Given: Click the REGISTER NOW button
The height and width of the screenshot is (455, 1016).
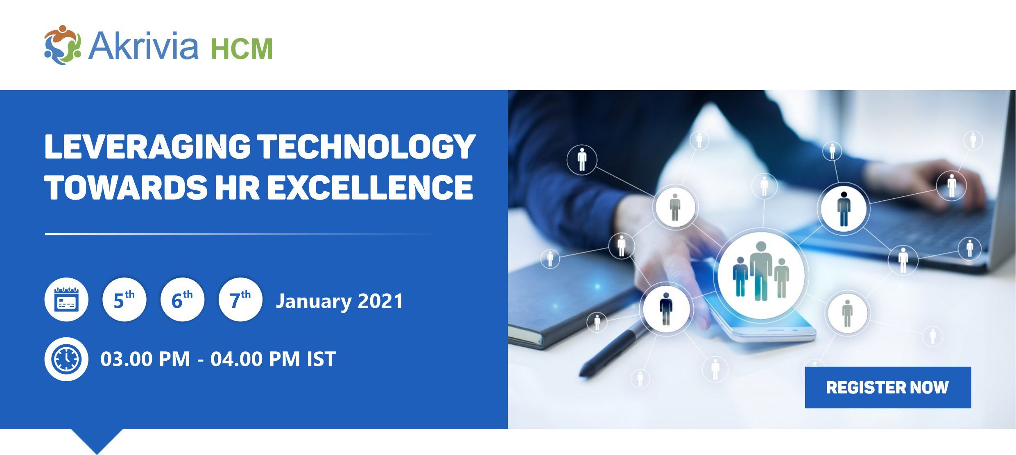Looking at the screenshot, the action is click(x=888, y=387).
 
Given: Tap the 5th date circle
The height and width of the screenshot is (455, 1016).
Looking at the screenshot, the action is click(x=124, y=300).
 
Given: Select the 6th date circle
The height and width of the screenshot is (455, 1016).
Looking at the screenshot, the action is click(x=182, y=300).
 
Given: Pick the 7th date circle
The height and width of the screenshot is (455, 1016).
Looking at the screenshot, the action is click(x=240, y=300).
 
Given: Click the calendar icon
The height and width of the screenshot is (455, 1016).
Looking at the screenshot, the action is click(x=66, y=300).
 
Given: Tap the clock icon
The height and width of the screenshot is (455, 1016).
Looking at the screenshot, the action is click(x=66, y=359).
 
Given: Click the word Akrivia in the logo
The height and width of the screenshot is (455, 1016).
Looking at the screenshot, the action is click(x=143, y=45).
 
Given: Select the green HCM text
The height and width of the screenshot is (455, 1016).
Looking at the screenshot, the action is click(x=242, y=49).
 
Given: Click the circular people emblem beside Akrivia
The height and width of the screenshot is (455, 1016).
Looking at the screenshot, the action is click(x=63, y=45).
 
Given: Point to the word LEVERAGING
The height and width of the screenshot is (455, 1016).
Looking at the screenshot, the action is click(x=147, y=147).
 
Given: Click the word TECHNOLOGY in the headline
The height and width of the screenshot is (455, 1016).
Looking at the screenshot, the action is click(x=367, y=147).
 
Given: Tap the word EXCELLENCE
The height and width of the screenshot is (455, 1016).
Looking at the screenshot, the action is click(x=370, y=187).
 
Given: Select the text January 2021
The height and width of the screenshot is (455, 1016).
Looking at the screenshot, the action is click(x=339, y=301).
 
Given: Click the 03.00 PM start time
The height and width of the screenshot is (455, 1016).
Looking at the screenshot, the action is click(x=145, y=359).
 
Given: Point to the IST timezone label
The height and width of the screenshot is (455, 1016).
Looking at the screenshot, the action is click(x=321, y=359).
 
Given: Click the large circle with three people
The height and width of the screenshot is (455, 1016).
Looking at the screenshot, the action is click(x=761, y=275).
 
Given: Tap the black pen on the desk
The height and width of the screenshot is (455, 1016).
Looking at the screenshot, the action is click(x=614, y=348).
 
